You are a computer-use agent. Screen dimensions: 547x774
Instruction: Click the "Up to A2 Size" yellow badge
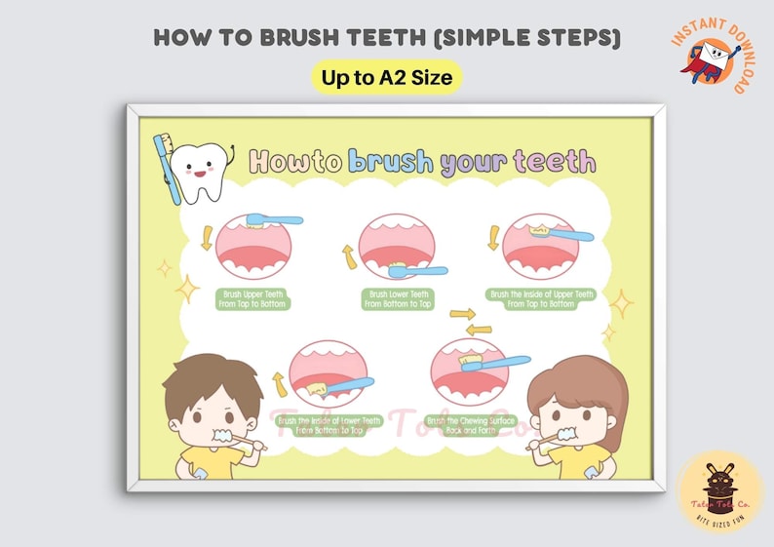pyautogui.click(x=386, y=78)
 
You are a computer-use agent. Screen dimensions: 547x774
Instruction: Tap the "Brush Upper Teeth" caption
pyautogui.click(x=245, y=298)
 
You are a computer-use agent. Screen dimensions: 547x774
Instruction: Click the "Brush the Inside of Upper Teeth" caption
pyautogui.click(x=541, y=298)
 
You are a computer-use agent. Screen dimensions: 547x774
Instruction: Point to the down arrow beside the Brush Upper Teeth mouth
pyautogui.click(x=206, y=238)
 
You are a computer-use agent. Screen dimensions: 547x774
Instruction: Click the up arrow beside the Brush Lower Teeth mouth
pyautogui.click(x=346, y=256)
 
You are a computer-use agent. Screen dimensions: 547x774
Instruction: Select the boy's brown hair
pyautogui.click(x=212, y=377)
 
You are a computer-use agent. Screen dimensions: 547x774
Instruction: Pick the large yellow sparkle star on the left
pyautogui.click(x=186, y=289)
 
